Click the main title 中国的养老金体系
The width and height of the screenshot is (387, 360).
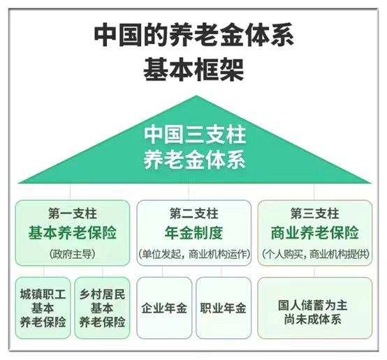194,35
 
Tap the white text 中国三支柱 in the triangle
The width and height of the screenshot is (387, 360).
195,135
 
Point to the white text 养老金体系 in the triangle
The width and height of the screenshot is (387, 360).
195,160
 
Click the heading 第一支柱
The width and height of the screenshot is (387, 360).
73,213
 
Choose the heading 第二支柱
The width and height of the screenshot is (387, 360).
193,213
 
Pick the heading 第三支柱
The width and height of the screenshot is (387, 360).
314,213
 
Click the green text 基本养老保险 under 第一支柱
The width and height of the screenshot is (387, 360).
73,233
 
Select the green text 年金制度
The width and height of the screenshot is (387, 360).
193,233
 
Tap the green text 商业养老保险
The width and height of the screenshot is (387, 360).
314,233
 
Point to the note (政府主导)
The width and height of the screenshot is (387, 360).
73,254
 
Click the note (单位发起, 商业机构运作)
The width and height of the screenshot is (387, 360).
194,254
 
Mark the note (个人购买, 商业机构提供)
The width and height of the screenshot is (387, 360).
315,254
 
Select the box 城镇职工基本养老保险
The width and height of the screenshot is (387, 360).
43,308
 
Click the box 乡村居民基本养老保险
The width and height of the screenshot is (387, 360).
102,308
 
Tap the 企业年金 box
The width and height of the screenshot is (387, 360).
164,308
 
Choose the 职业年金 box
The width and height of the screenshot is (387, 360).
224,308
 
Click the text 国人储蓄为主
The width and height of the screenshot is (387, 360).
313,306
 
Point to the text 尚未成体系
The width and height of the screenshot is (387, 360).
313,320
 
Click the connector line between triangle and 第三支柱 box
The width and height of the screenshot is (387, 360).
314,192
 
